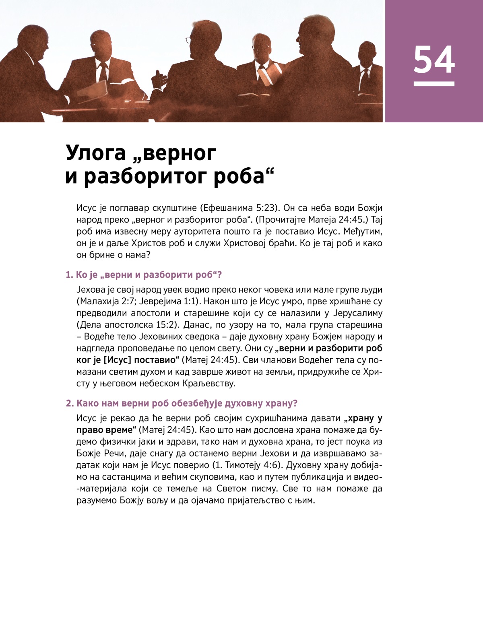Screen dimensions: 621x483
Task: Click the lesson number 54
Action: pyautogui.click(x=434, y=60)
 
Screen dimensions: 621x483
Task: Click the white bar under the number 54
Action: pyautogui.click(x=434, y=84)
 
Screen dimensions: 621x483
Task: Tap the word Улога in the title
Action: pyautogui.click(x=96, y=153)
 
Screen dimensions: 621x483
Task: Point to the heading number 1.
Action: pyautogui.click(x=69, y=275)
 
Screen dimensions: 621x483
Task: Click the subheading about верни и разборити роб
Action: pyautogui.click(x=149, y=275)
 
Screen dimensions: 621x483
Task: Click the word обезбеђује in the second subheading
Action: pyautogui.click(x=196, y=403)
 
